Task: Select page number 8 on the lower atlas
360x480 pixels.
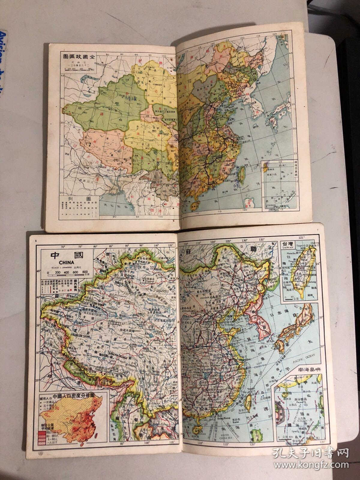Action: [x=36, y=232]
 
